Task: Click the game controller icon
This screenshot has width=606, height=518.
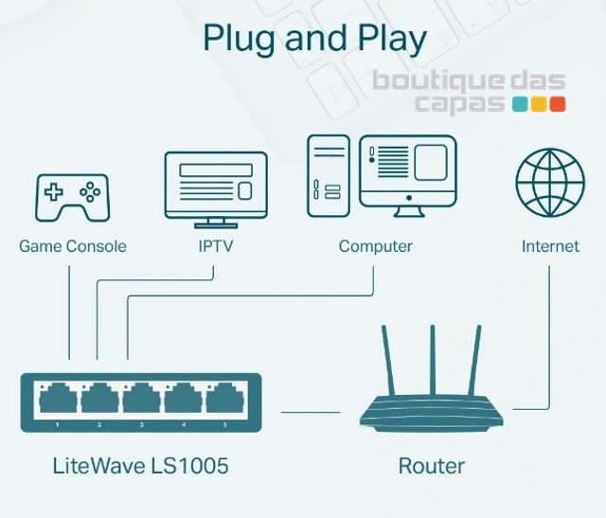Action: click(x=72, y=196)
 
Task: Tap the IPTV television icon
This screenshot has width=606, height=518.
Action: click(x=216, y=187)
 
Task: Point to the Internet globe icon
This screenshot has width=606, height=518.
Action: click(x=549, y=182)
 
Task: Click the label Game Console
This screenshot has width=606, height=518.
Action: click(x=72, y=246)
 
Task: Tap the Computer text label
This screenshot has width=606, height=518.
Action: click(x=376, y=246)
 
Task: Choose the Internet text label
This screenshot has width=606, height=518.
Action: click(x=550, y=246)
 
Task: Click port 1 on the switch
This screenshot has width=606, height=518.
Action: click(x=58, y=401)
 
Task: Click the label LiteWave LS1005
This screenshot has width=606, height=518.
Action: click(x=139, y=467)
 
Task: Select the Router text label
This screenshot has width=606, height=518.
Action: click(x=431, y=467)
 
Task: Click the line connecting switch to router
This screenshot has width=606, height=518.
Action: click(x=310, y=412)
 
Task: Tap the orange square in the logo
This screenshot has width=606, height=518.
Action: click(x=558, y=104)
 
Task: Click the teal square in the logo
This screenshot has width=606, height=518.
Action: click(x=520, y=104)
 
